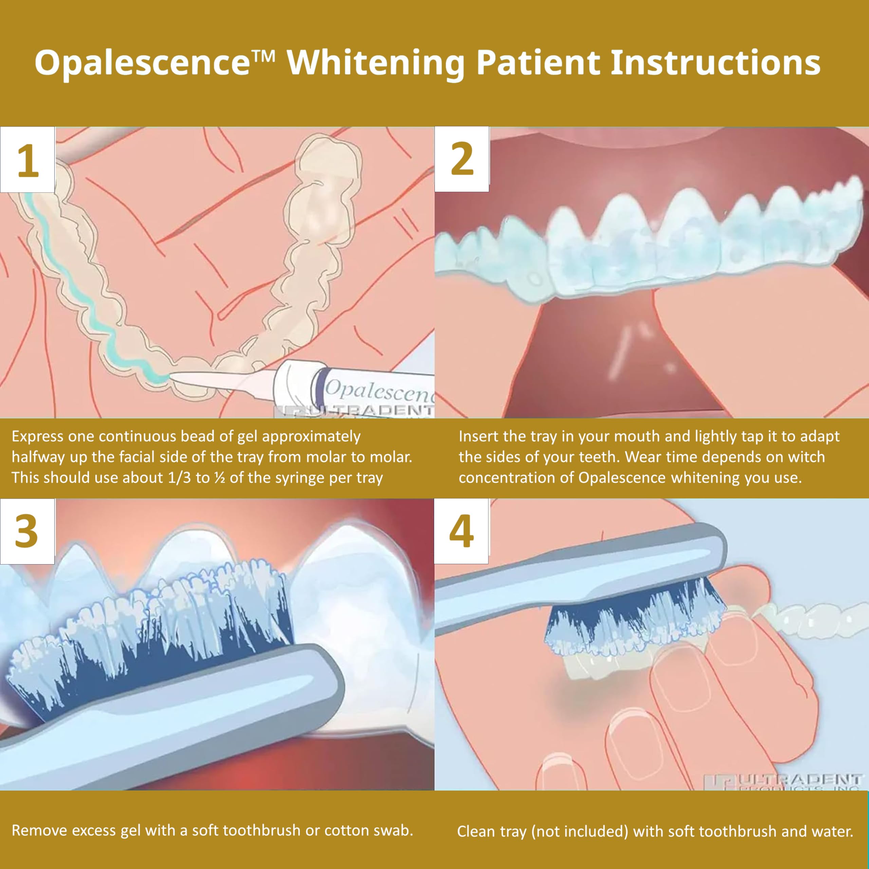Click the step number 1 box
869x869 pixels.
27,160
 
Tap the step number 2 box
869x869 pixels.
462,159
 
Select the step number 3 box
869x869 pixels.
27,531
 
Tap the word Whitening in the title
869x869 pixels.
375,63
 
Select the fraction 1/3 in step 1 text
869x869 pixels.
180,478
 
